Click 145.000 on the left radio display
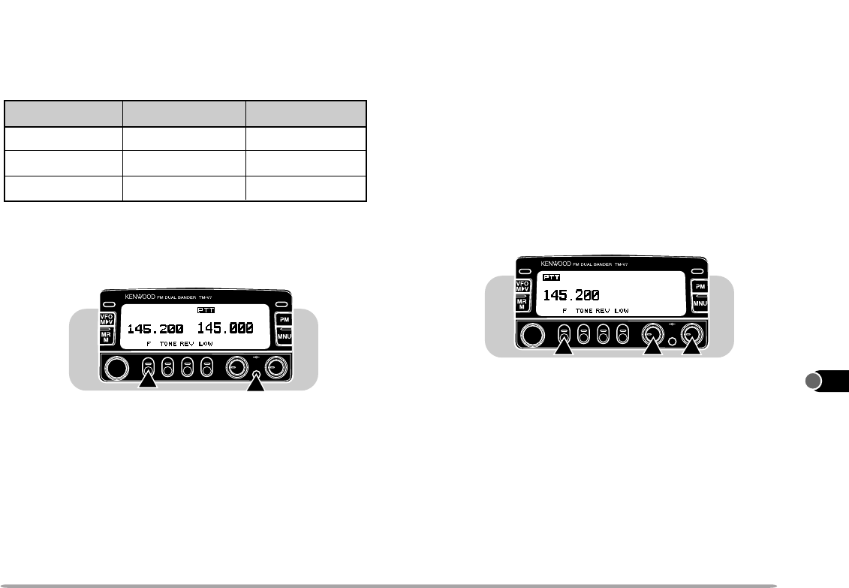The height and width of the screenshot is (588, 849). pos(225,328)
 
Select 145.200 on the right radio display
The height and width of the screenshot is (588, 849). pos(571,294)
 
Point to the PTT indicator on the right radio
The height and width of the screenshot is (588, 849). pos(552,277)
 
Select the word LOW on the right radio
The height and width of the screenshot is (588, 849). pos(622,310)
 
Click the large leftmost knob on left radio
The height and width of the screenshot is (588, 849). pos(116,367)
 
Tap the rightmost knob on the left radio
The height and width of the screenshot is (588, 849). pos(277,367)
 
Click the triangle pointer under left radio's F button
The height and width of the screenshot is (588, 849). pos(149,382)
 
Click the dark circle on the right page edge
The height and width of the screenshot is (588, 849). pos(814,381)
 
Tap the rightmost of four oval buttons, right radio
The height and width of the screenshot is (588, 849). pos(622,333)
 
